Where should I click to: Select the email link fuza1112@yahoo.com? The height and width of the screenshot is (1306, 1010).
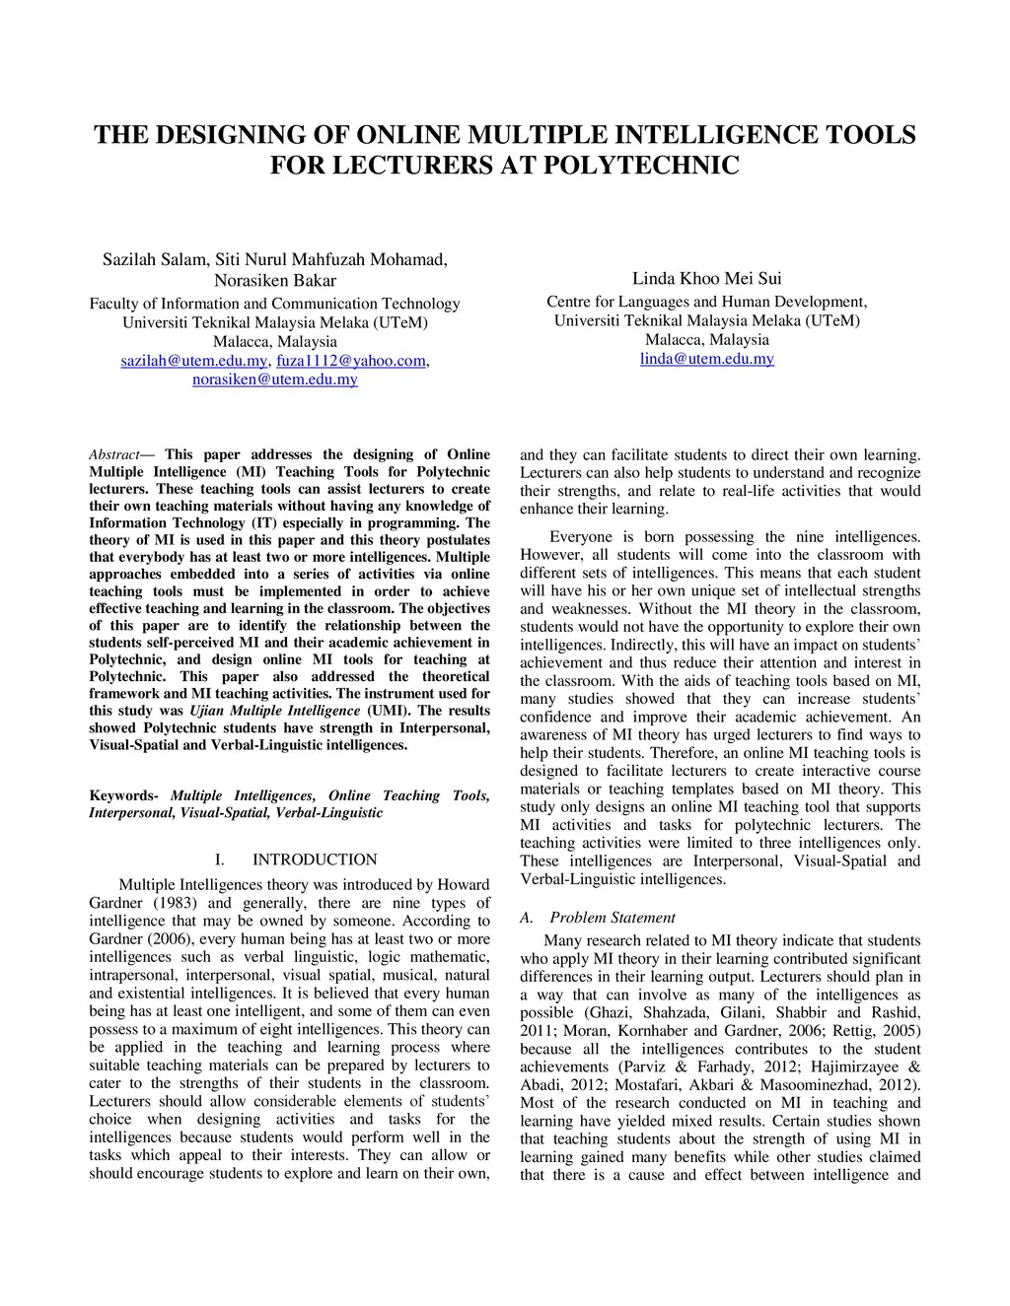click(350, 361)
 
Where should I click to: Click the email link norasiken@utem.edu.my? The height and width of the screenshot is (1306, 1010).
click(274, 379)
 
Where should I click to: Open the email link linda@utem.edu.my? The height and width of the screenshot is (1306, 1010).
click(706, 359)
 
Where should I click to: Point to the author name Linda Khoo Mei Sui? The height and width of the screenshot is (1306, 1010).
click(706, 279)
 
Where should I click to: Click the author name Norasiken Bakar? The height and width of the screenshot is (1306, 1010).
click(275, 281)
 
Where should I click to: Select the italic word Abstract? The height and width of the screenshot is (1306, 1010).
click(114, 455)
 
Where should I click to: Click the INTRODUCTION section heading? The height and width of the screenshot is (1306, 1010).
click(315, 859)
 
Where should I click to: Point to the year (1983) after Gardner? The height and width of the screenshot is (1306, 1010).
click(173, 903)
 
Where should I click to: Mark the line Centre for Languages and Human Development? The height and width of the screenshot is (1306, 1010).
click(706, 302)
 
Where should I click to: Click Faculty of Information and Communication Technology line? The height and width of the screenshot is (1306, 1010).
click(274, 304)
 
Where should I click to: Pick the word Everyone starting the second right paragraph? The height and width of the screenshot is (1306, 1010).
click(582, 537)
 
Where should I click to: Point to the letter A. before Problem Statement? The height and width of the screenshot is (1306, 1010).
click(527, 918)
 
